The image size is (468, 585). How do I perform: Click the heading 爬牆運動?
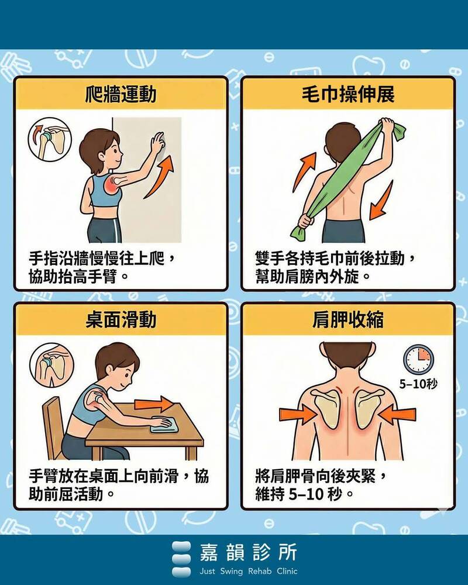(x=121, y=94)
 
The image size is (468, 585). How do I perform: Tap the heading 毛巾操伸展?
(x=348, y=94)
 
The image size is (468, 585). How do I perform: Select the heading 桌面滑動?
(x=121, y=320)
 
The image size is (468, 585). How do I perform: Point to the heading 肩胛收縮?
(x=348, y=320)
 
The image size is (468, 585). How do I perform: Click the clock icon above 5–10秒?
(x=418, y=360)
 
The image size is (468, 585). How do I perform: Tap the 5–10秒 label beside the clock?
(x=418, y=384)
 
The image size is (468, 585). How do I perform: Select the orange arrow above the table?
(x=154, y=404)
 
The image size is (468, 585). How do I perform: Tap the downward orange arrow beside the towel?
(x=382, y=201)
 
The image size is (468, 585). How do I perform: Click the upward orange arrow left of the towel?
(x=304, y=171)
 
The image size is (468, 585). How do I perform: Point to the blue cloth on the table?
(x=164, y=425)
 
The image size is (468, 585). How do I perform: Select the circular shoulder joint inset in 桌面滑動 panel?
(x=51, y=365)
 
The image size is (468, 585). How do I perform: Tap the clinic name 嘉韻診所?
(x=249, y=552)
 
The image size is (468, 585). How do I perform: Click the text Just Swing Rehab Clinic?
(x=249, y=571)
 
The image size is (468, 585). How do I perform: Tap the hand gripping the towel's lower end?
(x=305, y=221)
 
